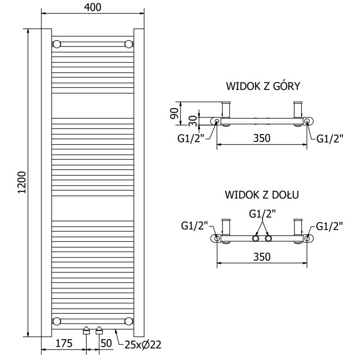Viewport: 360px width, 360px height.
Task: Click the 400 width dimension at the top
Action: (93, 7)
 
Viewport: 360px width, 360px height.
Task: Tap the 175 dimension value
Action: (64, 344)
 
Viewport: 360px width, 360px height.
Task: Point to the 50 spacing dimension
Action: (106, 344)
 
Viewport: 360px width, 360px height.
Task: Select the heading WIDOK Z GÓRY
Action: (263, 86)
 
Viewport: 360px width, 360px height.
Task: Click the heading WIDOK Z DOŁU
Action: (262, 195)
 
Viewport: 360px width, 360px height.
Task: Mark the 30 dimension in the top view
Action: (193, 121)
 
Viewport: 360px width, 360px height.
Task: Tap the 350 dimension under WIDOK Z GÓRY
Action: (261, 138)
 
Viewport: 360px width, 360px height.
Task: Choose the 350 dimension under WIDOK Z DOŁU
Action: (261, 257)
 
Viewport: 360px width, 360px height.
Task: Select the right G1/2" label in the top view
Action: (330, 139)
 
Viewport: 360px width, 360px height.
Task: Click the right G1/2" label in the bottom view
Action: (330, 226)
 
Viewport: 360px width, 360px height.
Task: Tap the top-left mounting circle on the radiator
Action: (57, 44)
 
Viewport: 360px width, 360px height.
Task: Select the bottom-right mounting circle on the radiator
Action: (129, 321)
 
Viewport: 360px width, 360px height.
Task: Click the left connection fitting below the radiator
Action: (86, 332)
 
